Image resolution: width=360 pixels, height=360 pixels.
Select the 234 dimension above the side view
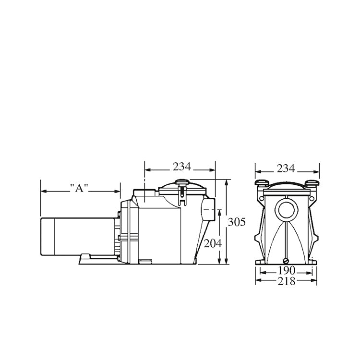pyautogui.click(x=182, y=167)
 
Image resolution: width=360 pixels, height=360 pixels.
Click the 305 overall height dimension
pyautogui.click(x=236, y=222)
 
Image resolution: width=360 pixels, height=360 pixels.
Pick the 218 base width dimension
pyautogui.click(x=287, y=281)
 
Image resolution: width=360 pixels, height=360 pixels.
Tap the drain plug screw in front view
pyautogui.click(x=287, y=262)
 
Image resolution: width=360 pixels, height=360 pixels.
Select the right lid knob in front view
pyautogui.click(x=312, y=183)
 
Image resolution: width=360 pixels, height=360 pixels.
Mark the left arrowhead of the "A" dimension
pyautogui.click(x=43, y=191)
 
